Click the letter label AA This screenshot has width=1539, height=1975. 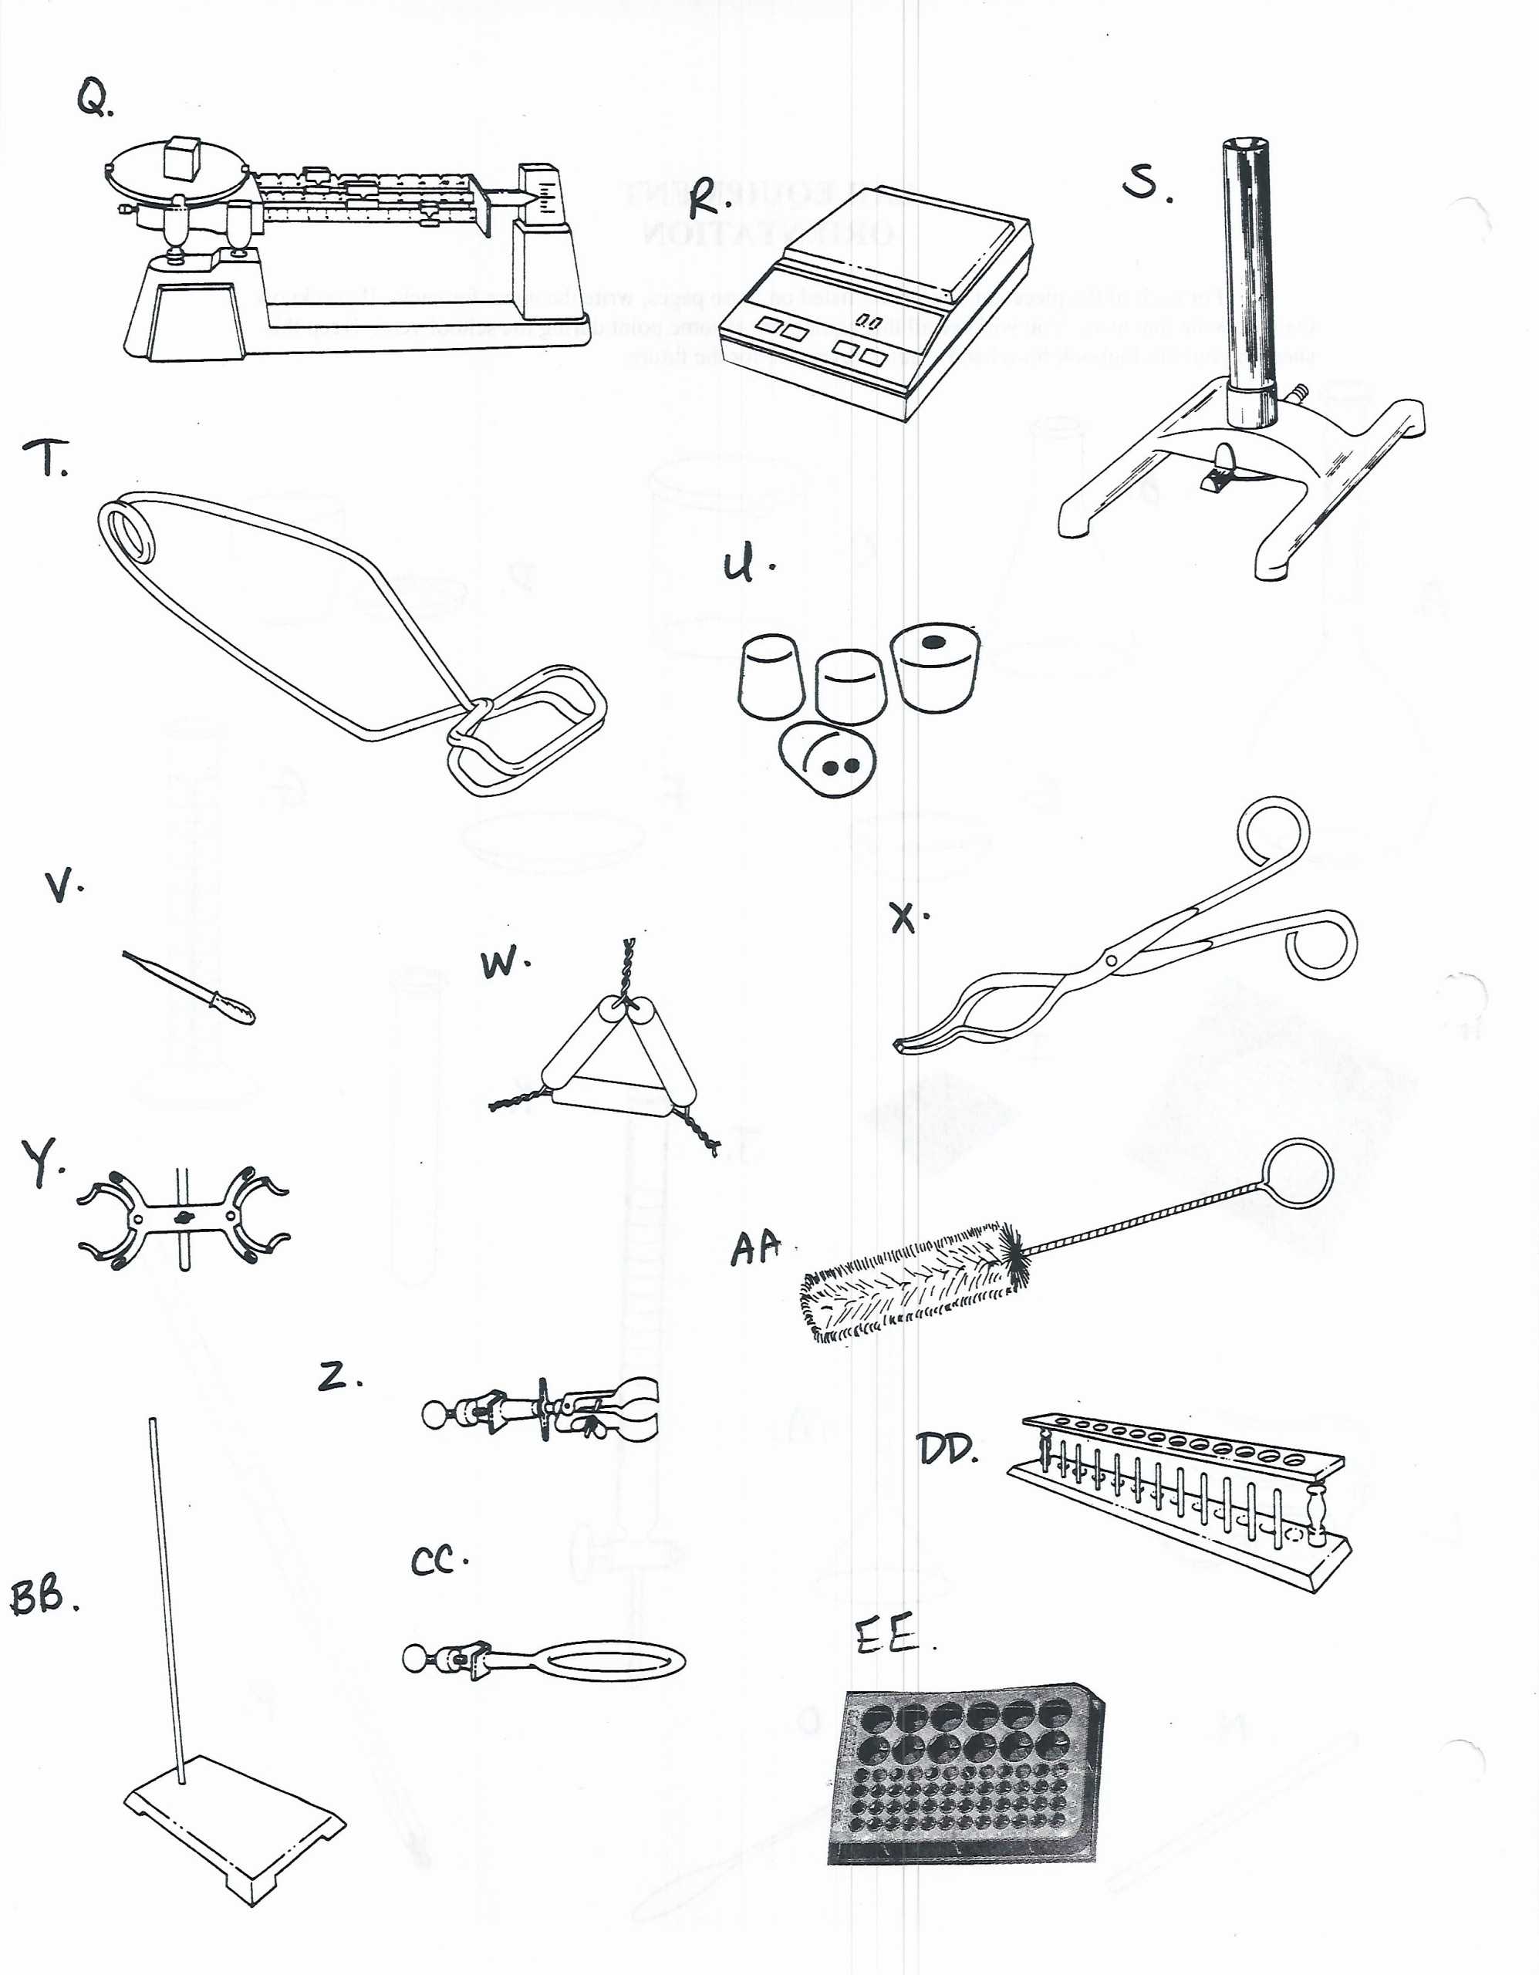pos(755,1249)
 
